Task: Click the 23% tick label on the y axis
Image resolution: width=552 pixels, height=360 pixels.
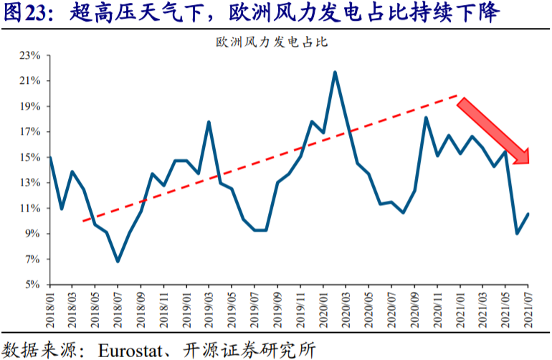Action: pyautogui.click(x=30, y=55)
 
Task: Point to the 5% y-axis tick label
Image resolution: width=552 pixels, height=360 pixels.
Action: pyautogui.click(x=33, y=284)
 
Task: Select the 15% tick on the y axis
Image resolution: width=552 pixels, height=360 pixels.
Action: pyautogui.click(x=30, y=157)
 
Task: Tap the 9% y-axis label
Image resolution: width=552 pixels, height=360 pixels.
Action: pyautogui.click(x=33, y=233)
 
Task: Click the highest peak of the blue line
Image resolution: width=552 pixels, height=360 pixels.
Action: pyautogui.click(x=335, y=72)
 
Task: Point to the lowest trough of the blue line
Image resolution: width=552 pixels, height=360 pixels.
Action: pyautogui.click(x=118, y=261)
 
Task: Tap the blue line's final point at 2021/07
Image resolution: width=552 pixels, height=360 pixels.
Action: pyautogui.click(x=528, y=214)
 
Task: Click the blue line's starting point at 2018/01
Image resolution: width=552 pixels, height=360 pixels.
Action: pyautogui.click(x=50, y=158)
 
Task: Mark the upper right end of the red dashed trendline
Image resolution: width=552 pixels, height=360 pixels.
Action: pyautogui.click(x=457, y=95)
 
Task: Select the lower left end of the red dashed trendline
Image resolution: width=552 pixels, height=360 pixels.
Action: pyautogui.click(x=83, y=221)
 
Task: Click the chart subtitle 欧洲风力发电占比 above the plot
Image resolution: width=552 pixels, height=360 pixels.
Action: pyautogui.click(x=272, y=42)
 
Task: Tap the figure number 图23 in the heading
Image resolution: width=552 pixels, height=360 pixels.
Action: pyautogui.click(x=25, y=13)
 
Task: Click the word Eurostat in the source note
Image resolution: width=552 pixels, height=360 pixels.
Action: pyautogui.click(x=130, y=351)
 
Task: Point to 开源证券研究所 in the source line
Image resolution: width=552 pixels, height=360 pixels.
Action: pyautogui.click(x=249, y=350)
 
